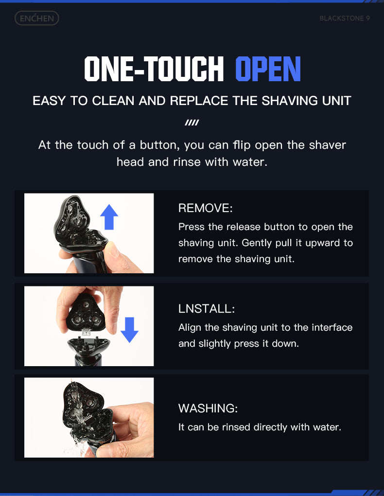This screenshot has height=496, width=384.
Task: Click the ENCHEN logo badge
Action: coord(36,18)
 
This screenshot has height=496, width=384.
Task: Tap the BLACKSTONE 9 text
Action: coord(345,18)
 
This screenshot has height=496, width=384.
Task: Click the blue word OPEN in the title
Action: coord(268,69)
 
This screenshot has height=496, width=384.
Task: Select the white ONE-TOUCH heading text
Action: coord(154,69)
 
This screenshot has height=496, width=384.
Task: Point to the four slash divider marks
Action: coord(192,123)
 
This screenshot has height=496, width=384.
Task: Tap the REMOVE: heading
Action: coord(205,208)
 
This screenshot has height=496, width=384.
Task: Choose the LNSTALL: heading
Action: coord(207,309)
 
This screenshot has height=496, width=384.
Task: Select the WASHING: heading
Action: coord(208,408)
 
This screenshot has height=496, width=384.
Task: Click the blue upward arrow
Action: coord(109,217)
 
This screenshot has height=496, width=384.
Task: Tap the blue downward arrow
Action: coord(129,330)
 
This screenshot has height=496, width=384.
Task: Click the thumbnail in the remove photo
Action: coord(113,249)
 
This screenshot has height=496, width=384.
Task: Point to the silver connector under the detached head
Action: coord(87,332)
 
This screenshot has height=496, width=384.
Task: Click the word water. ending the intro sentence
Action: coord(250,162)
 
